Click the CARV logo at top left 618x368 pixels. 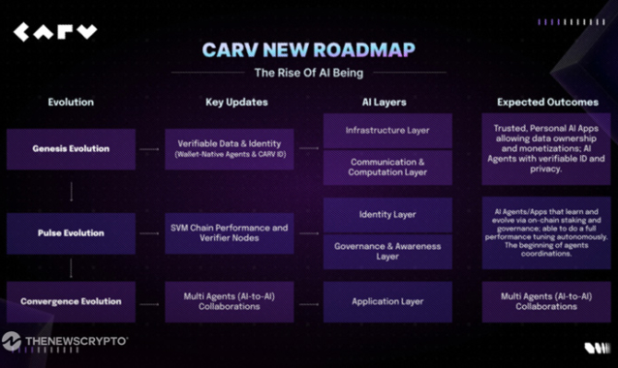(55, 33)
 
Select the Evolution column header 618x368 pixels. (71, 102)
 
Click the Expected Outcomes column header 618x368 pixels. (547, 102)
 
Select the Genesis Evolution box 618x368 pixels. (71, 149)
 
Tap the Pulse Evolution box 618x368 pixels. (71, 233)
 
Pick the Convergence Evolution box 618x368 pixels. (71, 301)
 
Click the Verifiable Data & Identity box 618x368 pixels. (229, 149)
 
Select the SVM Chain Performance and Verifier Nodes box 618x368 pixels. (229, 233)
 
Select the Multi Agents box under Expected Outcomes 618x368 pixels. (547, 301)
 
